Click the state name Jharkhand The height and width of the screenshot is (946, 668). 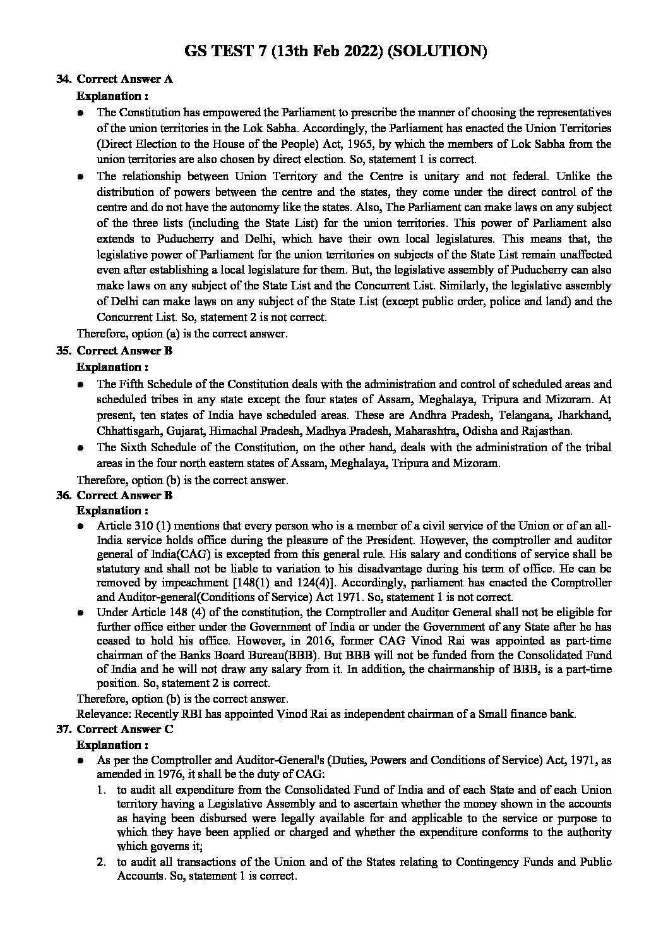click(x=587, y=416)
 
